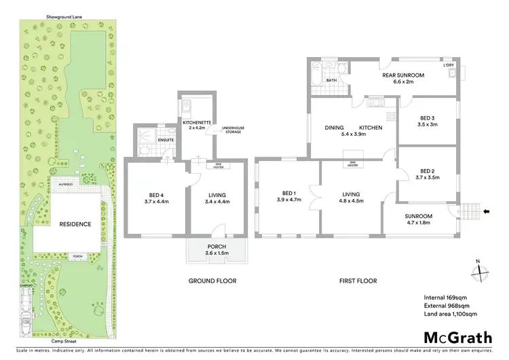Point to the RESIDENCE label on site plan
click(75, 223)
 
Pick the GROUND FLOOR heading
click(212, 281)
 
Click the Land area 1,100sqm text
click(451, 313)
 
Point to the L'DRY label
click(449, 65)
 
